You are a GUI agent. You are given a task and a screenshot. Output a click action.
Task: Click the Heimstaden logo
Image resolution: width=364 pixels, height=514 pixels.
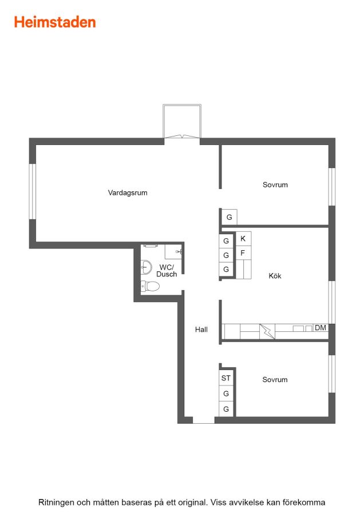pos(55,22)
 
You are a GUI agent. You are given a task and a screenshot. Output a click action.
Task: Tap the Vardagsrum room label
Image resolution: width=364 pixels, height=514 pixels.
pos(128,193)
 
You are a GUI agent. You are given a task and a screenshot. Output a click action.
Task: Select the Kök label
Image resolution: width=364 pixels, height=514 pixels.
pos(275,276)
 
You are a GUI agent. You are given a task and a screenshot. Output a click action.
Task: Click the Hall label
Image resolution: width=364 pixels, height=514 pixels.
pos(201,330)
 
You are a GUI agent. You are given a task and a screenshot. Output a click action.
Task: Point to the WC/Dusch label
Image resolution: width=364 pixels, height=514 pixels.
pos(167,271)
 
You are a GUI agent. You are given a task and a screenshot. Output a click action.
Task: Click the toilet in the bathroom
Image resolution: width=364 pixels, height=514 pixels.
pos(150,286)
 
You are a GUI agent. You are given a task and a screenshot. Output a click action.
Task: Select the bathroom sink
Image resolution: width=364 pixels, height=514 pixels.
pos(146,267)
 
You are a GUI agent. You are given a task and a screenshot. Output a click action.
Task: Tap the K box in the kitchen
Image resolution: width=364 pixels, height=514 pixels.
pos(243,239)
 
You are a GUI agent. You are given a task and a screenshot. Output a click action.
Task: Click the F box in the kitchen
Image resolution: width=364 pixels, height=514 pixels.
pos(243,253)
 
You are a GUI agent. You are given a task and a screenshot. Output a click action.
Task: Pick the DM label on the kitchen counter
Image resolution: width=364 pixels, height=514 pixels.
pos(321,327)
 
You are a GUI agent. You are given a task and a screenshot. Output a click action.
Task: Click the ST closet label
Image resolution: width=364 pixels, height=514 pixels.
pos(226,378)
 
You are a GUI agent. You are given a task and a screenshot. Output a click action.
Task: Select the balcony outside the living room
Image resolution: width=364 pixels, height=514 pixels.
pos(182,121)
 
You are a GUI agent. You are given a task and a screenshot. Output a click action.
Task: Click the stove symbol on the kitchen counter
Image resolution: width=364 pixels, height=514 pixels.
pos(267,331)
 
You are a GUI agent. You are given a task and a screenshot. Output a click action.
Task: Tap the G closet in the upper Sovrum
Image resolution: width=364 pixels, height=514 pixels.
pos(230,217)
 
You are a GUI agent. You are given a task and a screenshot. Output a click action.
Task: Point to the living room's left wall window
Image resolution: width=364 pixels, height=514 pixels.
pos(33,191)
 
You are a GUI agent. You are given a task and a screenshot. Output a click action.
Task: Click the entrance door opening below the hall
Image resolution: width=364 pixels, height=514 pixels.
pos(204,420)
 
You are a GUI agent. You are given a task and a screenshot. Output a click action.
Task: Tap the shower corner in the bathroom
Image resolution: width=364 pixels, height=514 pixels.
pos(173,251)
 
